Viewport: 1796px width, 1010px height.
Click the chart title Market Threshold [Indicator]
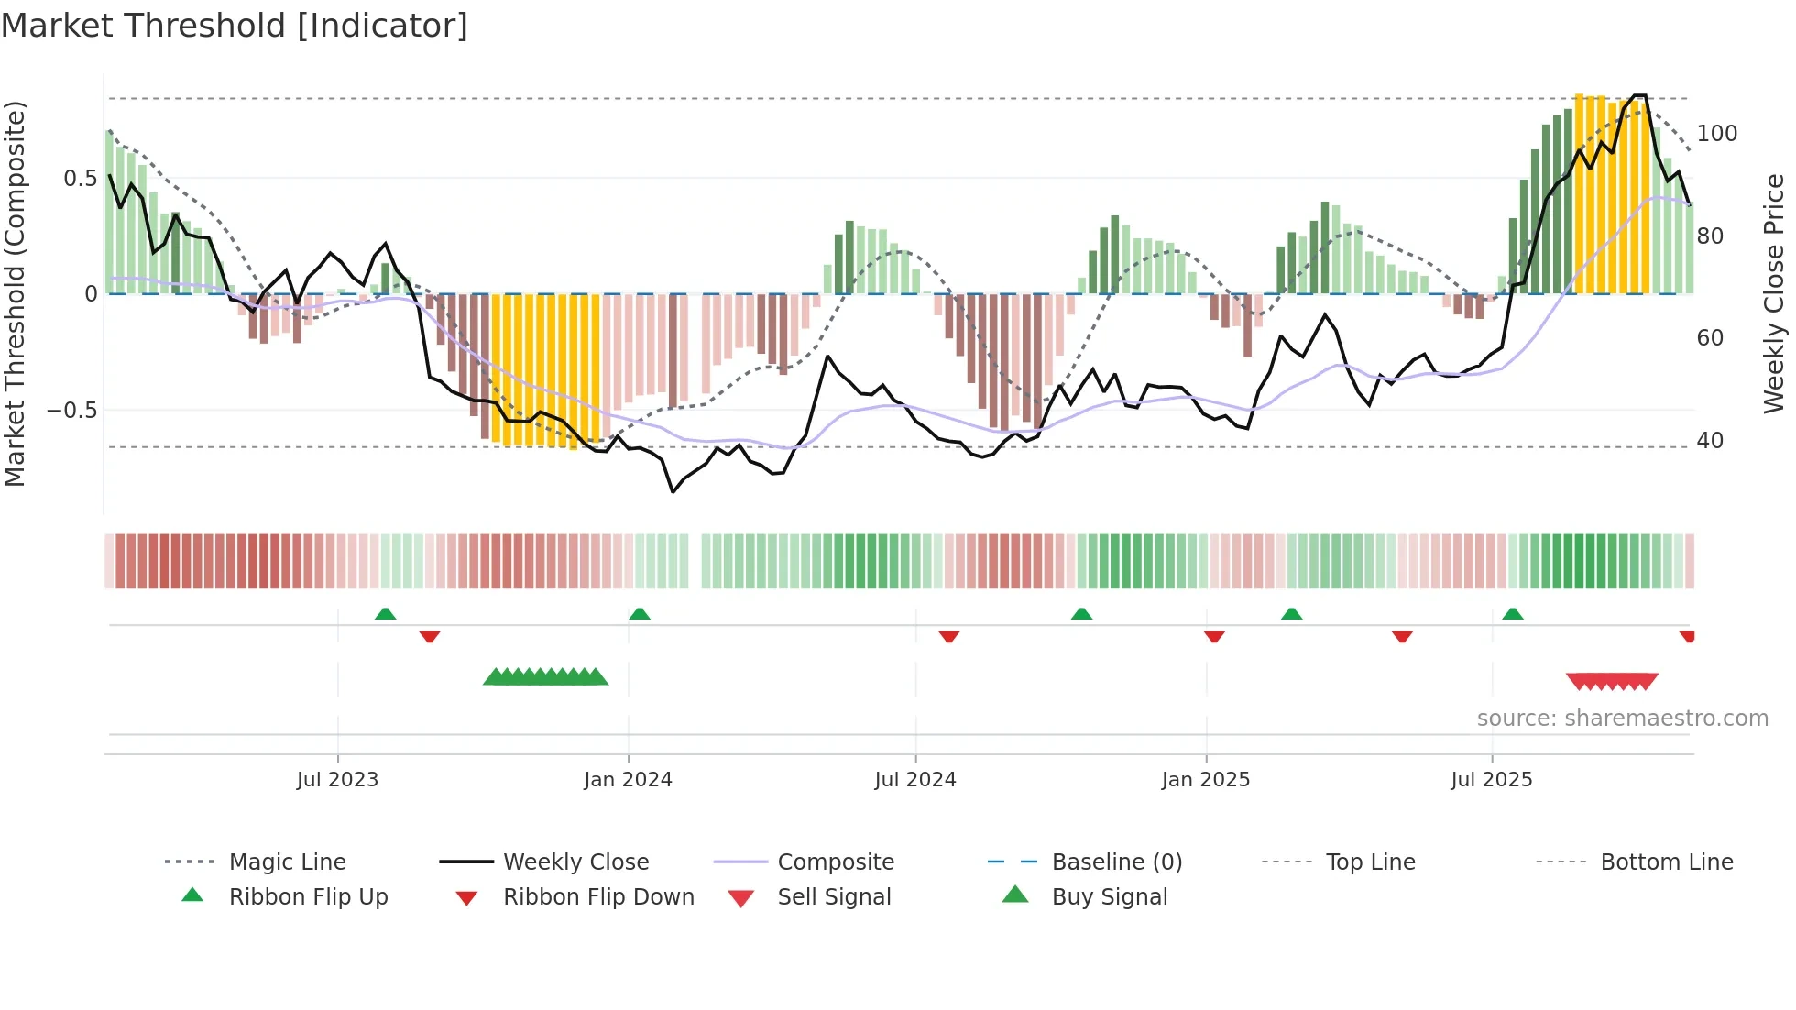pyautogui.click(x=235, y=26)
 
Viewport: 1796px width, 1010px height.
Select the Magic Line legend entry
pyautogui.click(x=287, y=862)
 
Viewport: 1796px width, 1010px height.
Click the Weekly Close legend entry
pyautogui.click(x=575, y=862)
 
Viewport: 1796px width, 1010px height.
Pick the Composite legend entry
pyautogui.click(x=835, y=862)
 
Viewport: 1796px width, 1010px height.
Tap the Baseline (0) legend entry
pyautogui.click(x=1116, y=862)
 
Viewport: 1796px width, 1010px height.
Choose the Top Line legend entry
pyautogui.click(x=1370, y=862)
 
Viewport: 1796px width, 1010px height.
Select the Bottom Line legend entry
pyautogui.click(x=1666, y=862)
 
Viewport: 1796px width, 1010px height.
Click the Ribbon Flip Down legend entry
pyautogui.click(x=597, y=896)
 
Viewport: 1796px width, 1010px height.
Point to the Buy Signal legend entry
pyautogui.click(x=1109, y=896)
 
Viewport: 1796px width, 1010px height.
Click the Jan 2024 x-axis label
pyautogui.click(x=628, y=779)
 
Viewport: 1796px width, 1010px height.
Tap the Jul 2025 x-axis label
pyautogui.click(x=1491, y=779)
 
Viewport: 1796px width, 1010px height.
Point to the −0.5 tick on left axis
pyautogui.click(x=72, y=410)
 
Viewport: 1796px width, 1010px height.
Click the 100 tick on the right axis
pyautogui.click(x=1716, y=134)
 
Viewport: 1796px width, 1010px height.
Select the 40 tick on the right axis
pyautogui.click(x=1710, y=441)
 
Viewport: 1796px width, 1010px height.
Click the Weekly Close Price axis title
pyautogui.click(x=1774, y=293)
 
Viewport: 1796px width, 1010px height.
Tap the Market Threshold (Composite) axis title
pyautogui.click(x=16, y=293)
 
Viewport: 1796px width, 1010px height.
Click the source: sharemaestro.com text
pyautogui.click(x=1622, y=718)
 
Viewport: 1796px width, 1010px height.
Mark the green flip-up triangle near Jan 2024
pyautogui.click(x=640, y=614)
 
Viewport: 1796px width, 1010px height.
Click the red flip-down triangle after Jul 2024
pyautogui.click(x=949, y=636)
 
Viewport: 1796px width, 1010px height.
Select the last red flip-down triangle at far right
pyautogui.click(x=1687, y=636)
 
